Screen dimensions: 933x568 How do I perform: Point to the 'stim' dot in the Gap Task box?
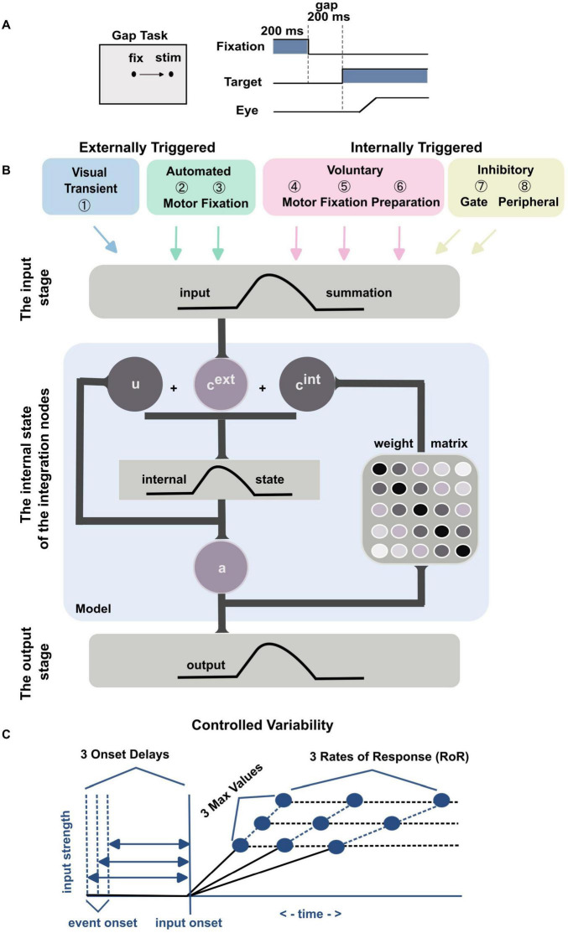(171, 75)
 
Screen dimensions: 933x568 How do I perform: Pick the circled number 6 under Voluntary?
(399, 188)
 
